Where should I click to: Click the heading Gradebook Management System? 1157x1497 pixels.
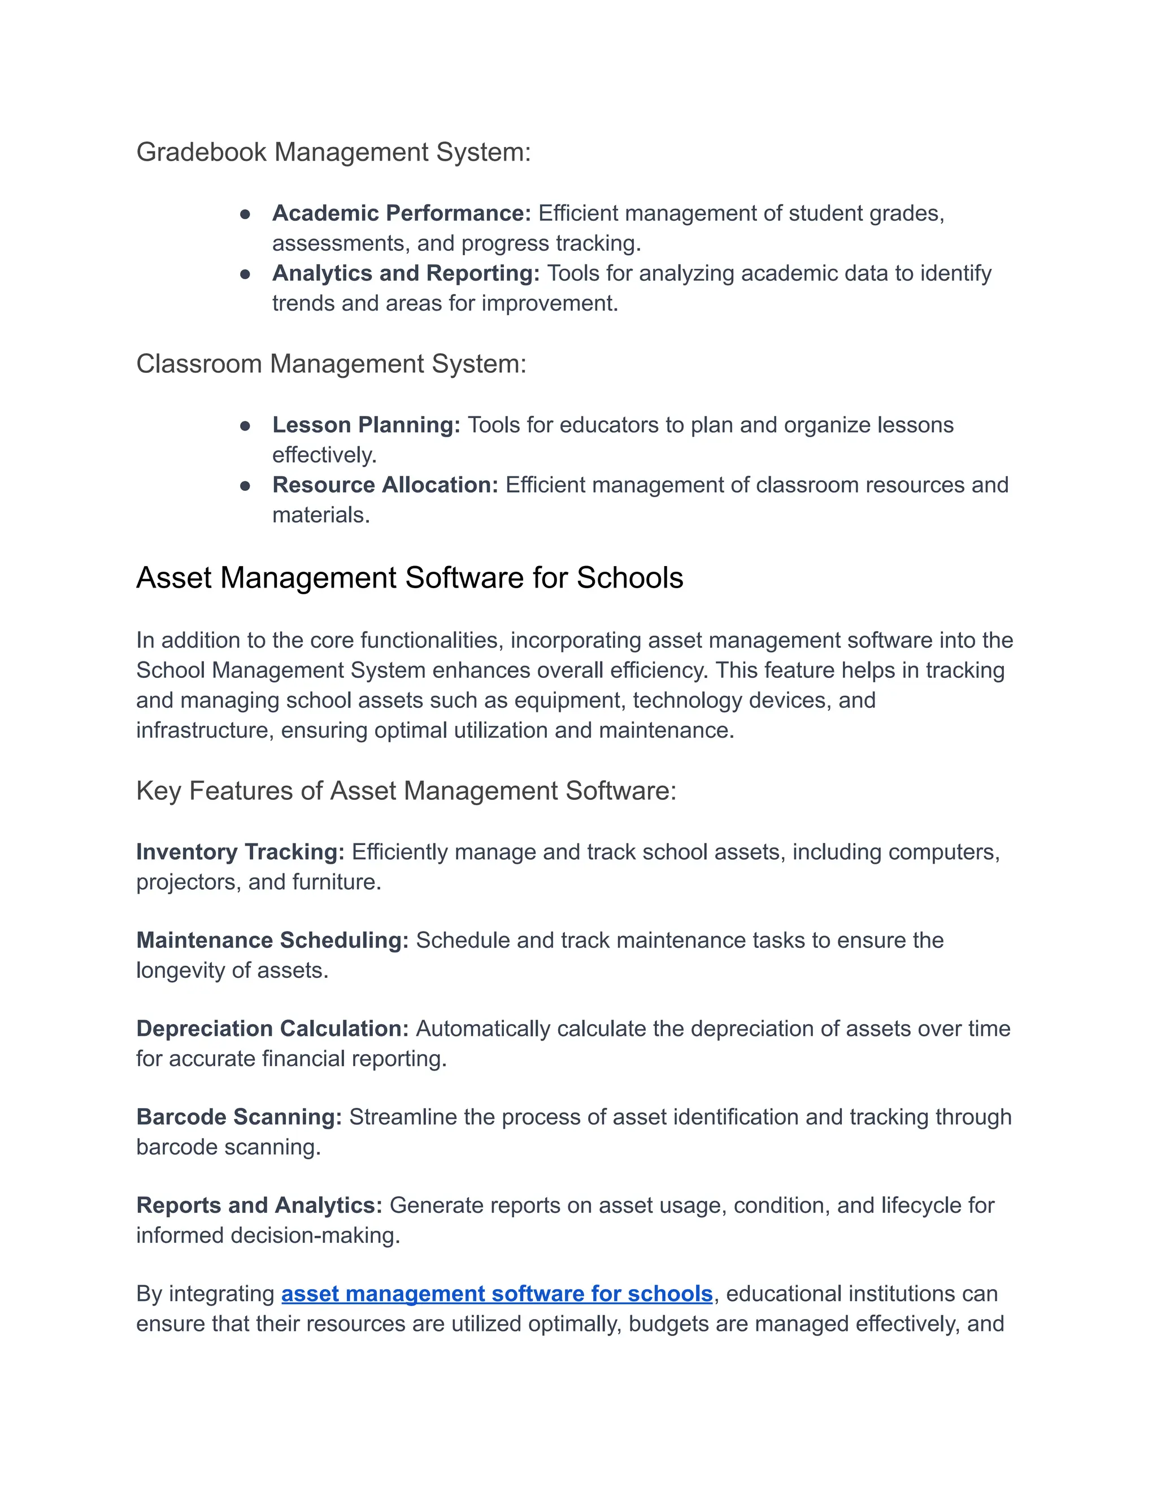pyautogui.click(x=333, y=152)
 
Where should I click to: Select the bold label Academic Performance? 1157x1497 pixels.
pyautogui.click(x=401, y=213)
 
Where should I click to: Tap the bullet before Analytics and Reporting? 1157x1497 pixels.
pyautogui.click(x=245, y=274)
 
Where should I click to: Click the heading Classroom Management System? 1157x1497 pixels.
pyautogui.click(x=331, y=364)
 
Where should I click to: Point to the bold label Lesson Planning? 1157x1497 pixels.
pyautogui.click(x=366, y=425)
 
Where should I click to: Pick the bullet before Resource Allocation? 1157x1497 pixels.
pyautogui.click(x=245, y=486)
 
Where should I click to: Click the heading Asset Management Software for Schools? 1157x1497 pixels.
pyautogui.click(x=409, y=578)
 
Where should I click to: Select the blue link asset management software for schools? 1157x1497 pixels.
pyautogui.click(x=497, y=1294)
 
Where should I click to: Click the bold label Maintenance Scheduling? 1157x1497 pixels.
pyautogui.click(x=272, y=941)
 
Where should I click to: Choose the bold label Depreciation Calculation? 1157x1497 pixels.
pyautogui.click(x=272, y=1029)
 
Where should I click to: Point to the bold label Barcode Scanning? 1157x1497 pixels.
pyautogui.click(x=238, y=1117)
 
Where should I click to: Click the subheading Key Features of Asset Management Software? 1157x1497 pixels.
pyautogui.click(x=406, y=791)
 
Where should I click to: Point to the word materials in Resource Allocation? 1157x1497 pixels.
pyautogui.click(x=320, y=515)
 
